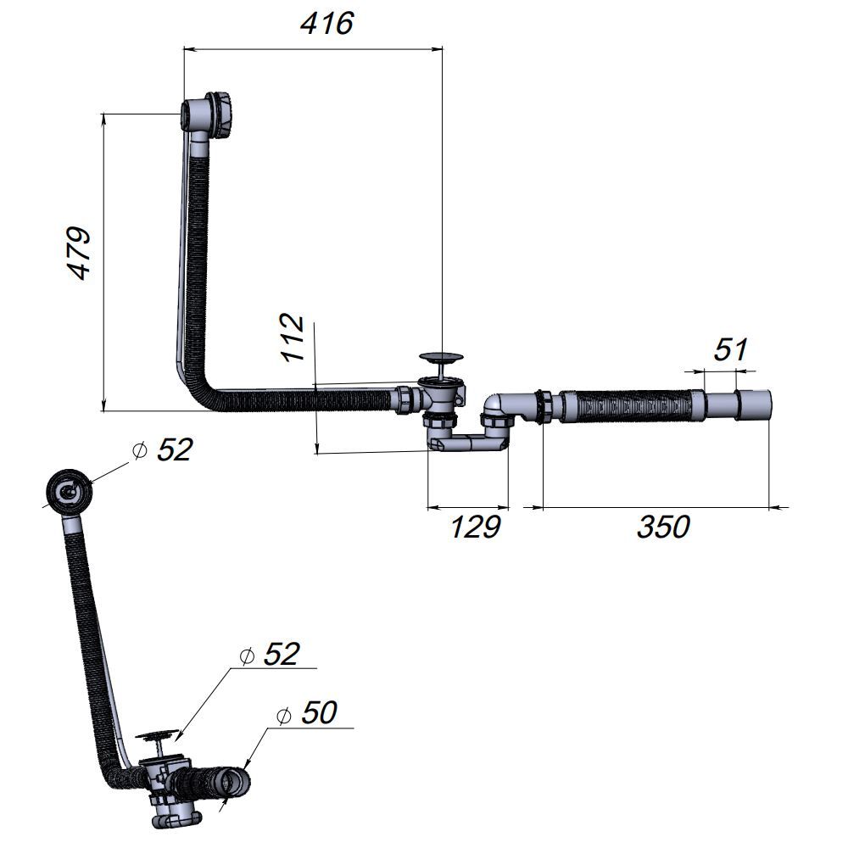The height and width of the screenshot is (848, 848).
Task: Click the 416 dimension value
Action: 327,24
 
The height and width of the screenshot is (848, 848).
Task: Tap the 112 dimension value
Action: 293,337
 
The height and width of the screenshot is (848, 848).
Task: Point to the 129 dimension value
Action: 476,527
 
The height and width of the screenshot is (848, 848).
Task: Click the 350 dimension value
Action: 664,527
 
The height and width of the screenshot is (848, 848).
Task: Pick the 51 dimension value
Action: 731,349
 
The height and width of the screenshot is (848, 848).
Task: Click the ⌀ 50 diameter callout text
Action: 306,712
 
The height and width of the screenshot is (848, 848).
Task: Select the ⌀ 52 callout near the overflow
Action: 162,449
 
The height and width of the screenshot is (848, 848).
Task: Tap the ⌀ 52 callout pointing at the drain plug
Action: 270,655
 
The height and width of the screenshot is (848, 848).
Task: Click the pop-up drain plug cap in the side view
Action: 442,357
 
